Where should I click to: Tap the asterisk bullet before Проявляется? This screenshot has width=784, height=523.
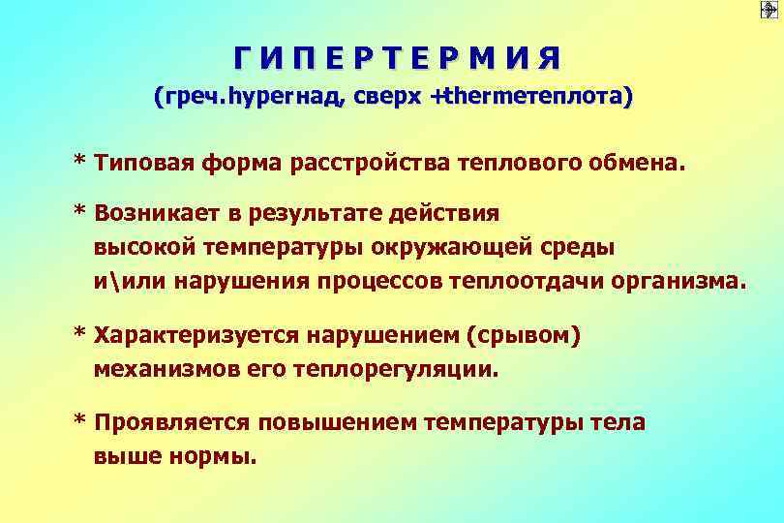pyautogui.click(x=80, y=420)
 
